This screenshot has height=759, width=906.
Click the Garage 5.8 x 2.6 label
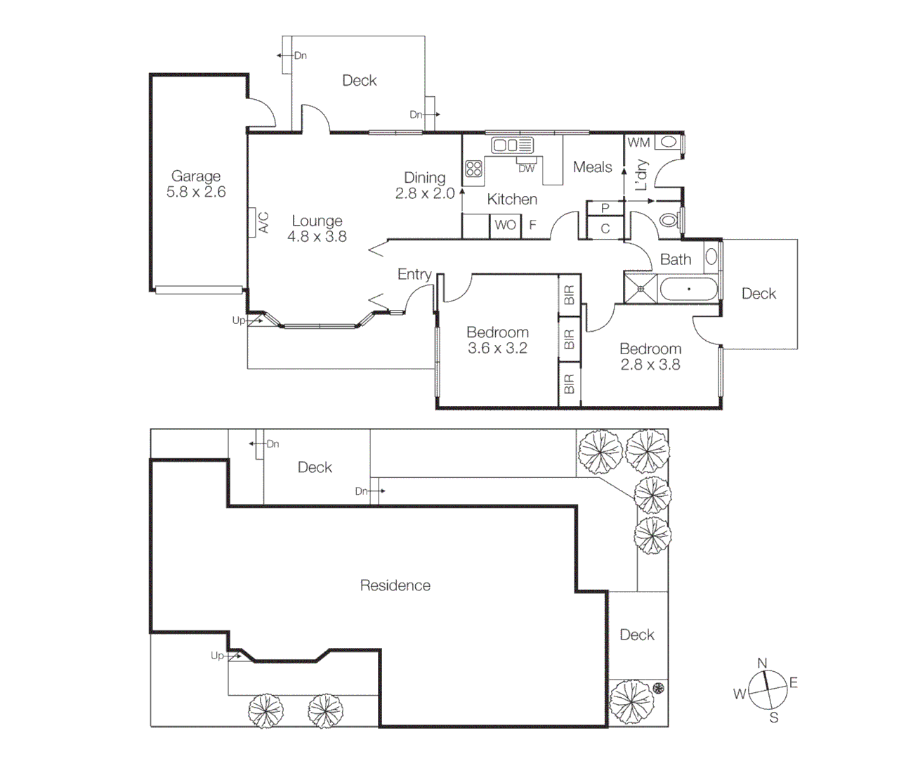pyautogui.click(x=196, y=184)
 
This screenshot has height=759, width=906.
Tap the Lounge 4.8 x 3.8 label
pyautogui.click(x=317, y=229)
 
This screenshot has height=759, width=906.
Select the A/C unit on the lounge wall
pyautogui.click(x=253, y=223)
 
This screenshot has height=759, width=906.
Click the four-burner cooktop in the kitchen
pyautogui.click(x=473, y=169)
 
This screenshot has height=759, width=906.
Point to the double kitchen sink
pyautogui.click(x=512, y=145)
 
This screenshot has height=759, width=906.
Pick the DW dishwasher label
pyautogui.click(x=526, y=169)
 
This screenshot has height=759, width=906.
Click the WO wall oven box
pyautogui.click(x=504, y=226)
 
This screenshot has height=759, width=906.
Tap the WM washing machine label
pyautogui.click(x=638, y=143)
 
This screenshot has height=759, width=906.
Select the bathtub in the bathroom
pyautogui.click(x=688, y=289)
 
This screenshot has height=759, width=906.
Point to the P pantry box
pyautogui.click(x=605, y=208)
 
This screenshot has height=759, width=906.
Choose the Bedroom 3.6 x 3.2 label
pyautogui.click(x=497, y=340)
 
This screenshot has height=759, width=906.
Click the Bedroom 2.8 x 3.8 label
pyautogui.click(x=650, y=356)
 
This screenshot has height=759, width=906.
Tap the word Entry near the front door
pyautogui.click(x=414, y=274)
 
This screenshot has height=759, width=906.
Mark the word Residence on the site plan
pyautogui.click(x=395, y=585)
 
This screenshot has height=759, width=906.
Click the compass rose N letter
pyautogui.click(x=762, y=663)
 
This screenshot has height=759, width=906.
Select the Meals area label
pyautogui.click(x=592, y=167)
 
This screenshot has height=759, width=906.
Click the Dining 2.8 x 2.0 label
pyautogui.click(x=425, y=186)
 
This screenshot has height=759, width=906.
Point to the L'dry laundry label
pyautogui.click(x=641, y=176)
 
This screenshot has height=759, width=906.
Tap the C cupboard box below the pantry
pyautogui.click(x=605, y=229)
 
